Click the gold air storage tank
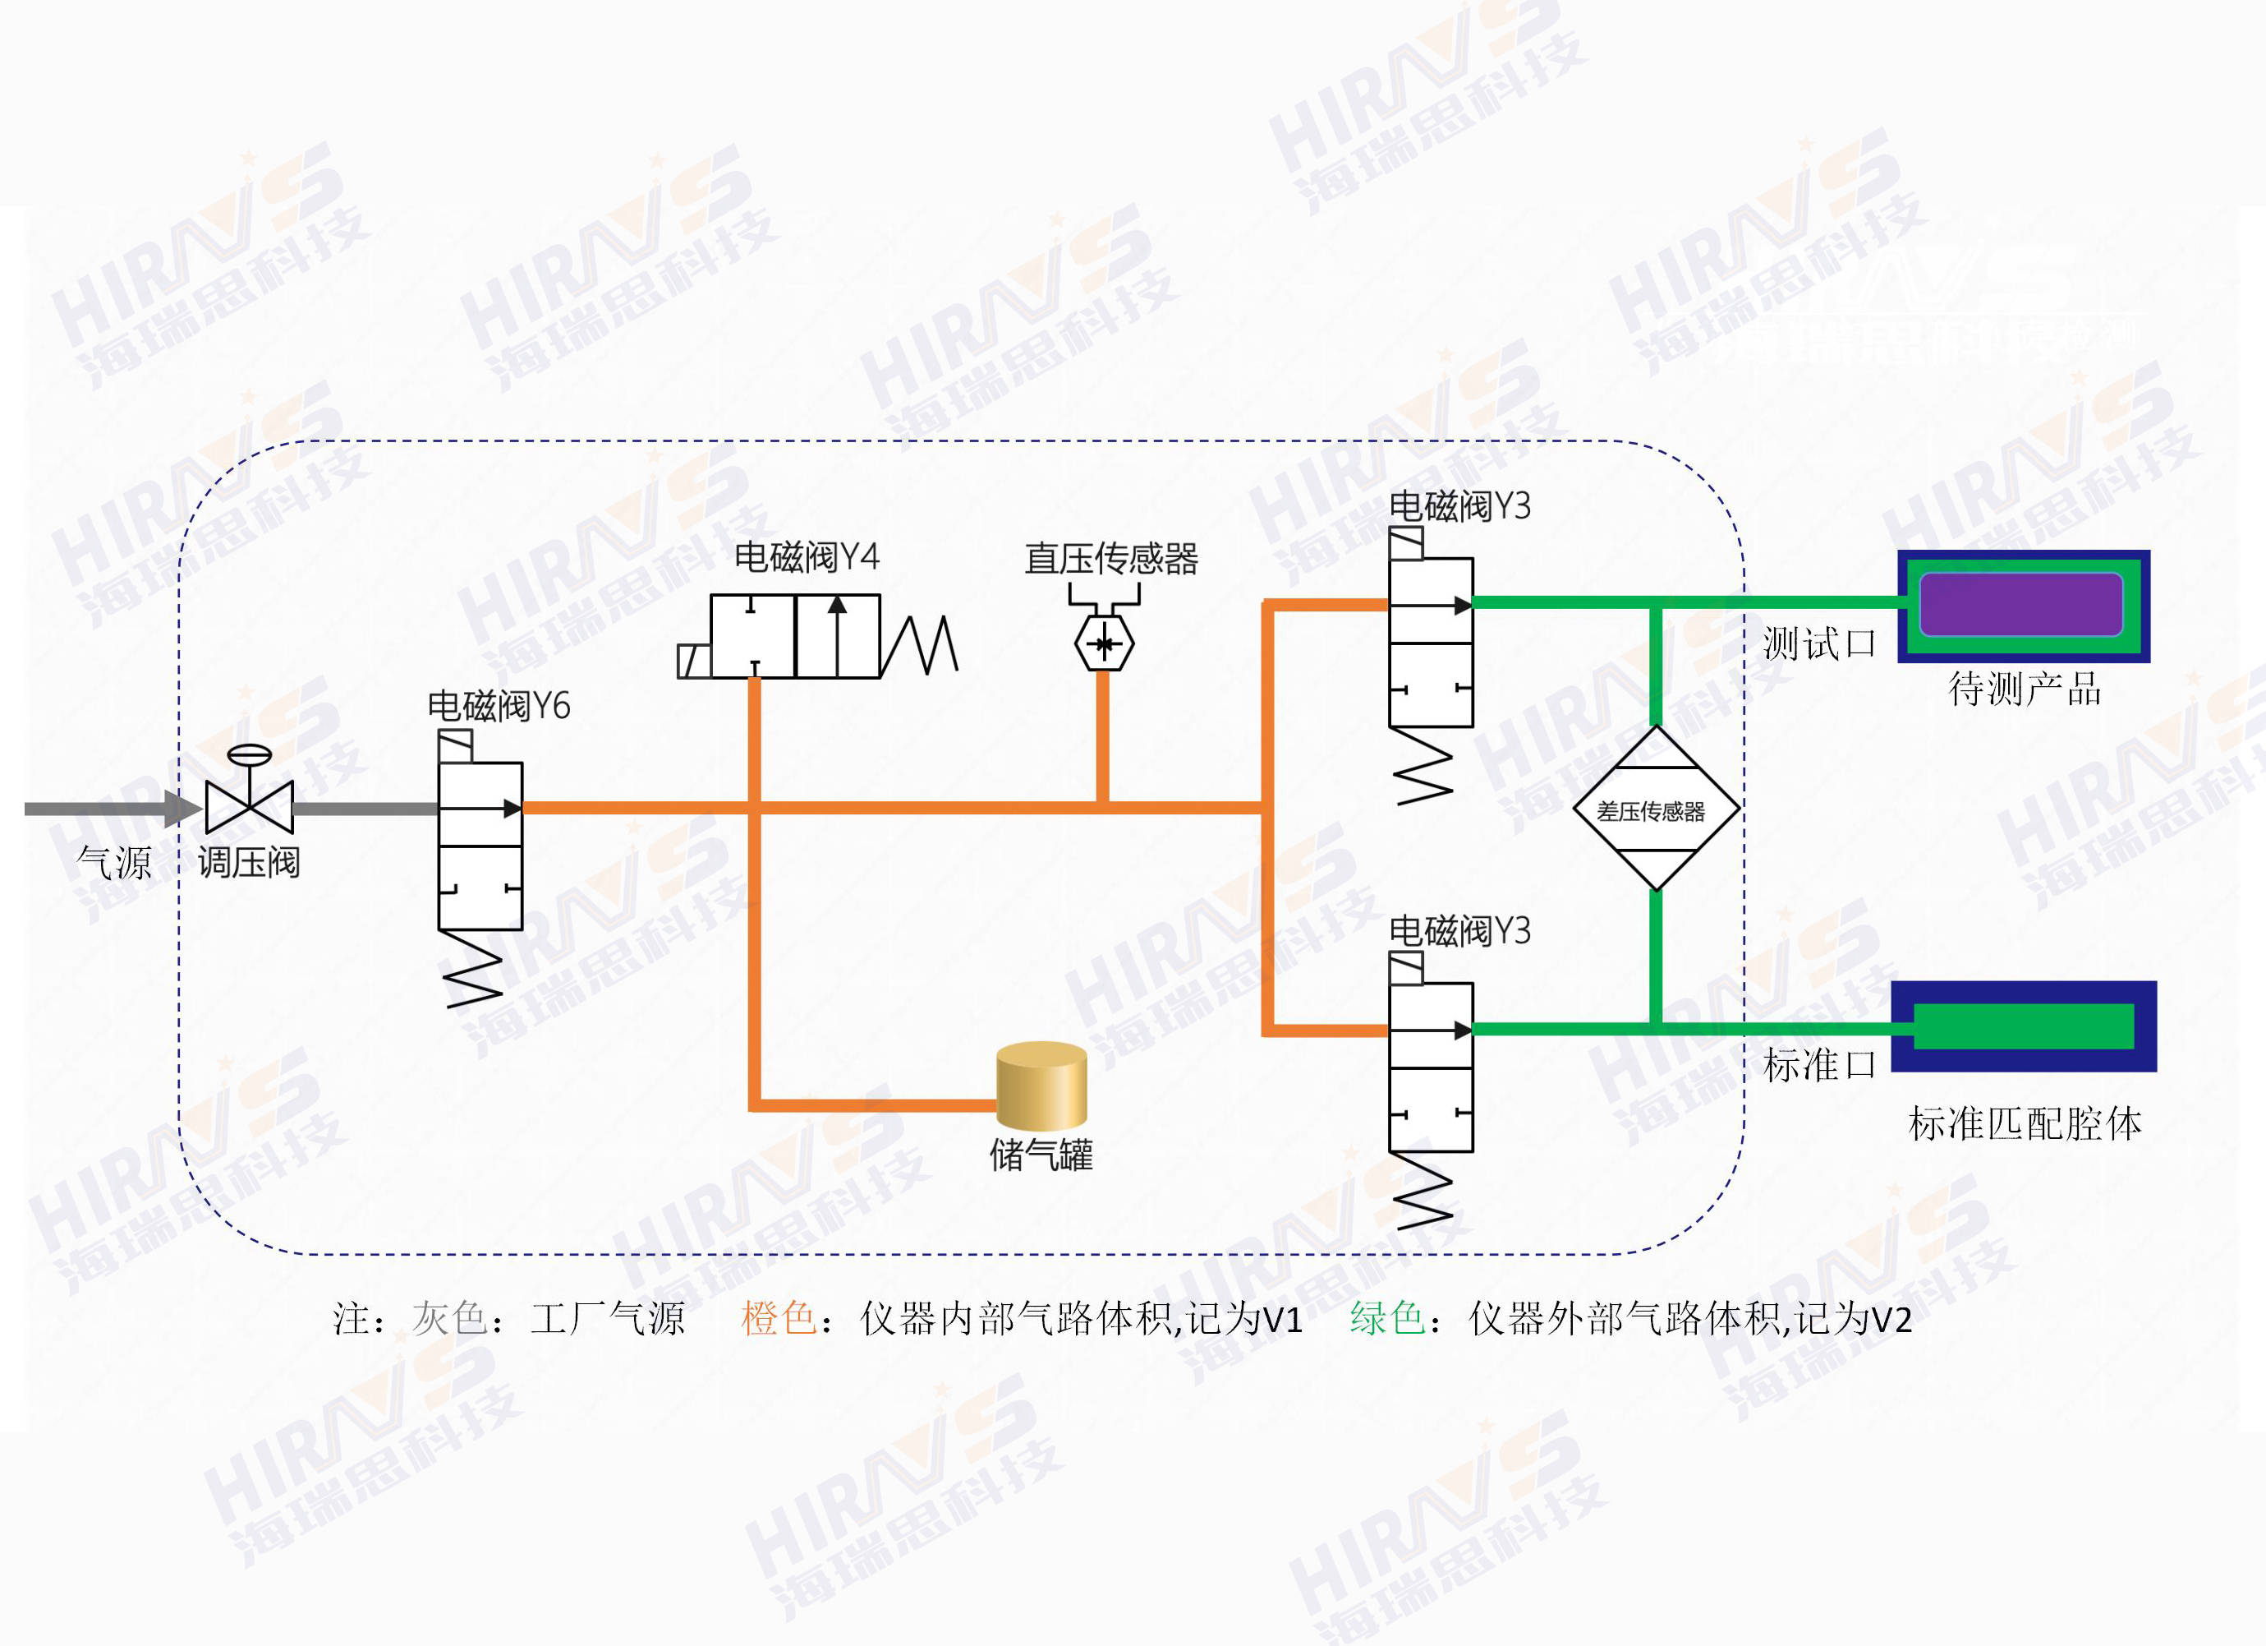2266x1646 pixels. point(1041,1086)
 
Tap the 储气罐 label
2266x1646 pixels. point(1041,1155)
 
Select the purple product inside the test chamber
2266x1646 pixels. point(2020,604)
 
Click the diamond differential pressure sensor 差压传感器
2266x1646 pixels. point(1656,809)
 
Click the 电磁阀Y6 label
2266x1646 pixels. point(498,706)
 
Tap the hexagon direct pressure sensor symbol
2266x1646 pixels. point(1103,643)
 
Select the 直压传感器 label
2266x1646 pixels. point(1110,559)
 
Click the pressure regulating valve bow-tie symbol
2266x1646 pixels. point(249,805)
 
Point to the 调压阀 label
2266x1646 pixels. point(249,861)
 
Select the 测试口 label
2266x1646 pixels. point(1818,643)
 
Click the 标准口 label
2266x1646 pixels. point(1818,1065)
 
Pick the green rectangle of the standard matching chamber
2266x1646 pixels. point(2023,1026)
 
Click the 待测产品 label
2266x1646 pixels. point(2025,689)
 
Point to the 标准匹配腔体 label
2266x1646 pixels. point(2025,1124)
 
